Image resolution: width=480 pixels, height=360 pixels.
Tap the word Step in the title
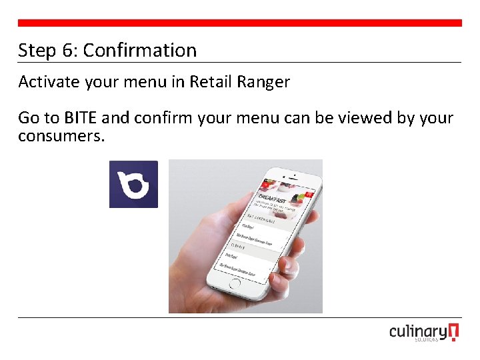(x=37, y=50)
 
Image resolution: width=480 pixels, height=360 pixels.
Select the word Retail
(x=209, y=82)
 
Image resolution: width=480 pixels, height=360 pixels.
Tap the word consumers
(x=61, y=136)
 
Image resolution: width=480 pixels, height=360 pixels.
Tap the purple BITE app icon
(x=133, y=184)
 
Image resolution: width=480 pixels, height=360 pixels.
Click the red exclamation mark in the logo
(x=454, y=332)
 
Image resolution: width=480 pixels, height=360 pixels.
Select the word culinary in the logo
(x=418, y=332)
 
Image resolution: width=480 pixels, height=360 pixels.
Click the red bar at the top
(x=240, y=23)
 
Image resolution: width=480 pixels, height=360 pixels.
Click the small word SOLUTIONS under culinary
(x=425, y=340)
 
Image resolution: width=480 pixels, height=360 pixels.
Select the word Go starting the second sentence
(x=29, y=118)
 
